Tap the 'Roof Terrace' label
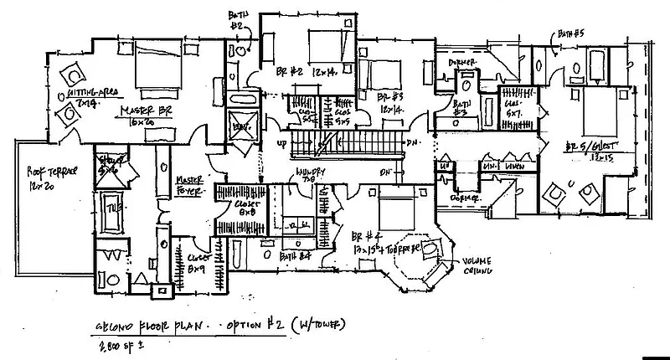[39, 176]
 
